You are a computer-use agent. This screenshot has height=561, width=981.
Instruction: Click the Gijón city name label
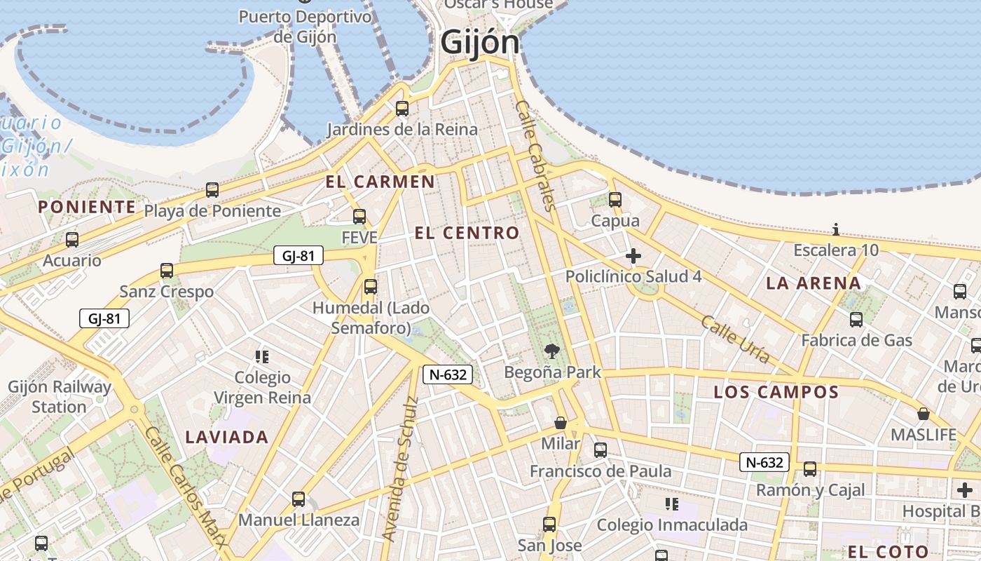point(480,42)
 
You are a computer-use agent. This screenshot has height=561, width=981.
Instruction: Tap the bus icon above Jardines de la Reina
point(402,109)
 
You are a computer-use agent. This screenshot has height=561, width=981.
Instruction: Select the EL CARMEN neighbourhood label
point(380,182)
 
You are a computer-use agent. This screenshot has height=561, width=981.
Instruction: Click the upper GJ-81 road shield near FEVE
point(298,256)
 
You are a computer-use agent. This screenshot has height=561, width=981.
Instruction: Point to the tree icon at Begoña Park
point(552,351)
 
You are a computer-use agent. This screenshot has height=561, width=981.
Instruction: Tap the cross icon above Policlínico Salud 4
point(633,256)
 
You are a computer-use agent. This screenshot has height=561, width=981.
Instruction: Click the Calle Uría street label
point(735,340)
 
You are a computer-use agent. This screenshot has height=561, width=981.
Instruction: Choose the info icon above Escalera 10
point(835,229)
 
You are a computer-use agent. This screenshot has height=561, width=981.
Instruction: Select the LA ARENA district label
point(813,283)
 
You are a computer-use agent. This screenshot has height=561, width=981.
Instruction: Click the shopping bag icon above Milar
point(560,423)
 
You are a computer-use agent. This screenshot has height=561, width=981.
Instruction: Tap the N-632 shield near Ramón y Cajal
point(764,462)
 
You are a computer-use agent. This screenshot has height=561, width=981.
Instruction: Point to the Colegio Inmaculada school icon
point(671,504)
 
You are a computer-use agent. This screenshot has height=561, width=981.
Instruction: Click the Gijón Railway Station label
point(60,397)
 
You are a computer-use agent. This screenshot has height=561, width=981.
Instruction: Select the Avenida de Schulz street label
point(400,468)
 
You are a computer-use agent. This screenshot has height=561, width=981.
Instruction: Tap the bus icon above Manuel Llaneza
point(299,499)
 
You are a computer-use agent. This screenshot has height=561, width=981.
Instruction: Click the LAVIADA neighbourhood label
point(226,438)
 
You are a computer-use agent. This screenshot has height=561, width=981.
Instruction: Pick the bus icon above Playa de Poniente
point(212,189)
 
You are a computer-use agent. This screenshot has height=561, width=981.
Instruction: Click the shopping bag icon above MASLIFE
point(924,414)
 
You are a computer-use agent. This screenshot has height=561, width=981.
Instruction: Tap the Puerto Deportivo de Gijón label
point(305,27)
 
